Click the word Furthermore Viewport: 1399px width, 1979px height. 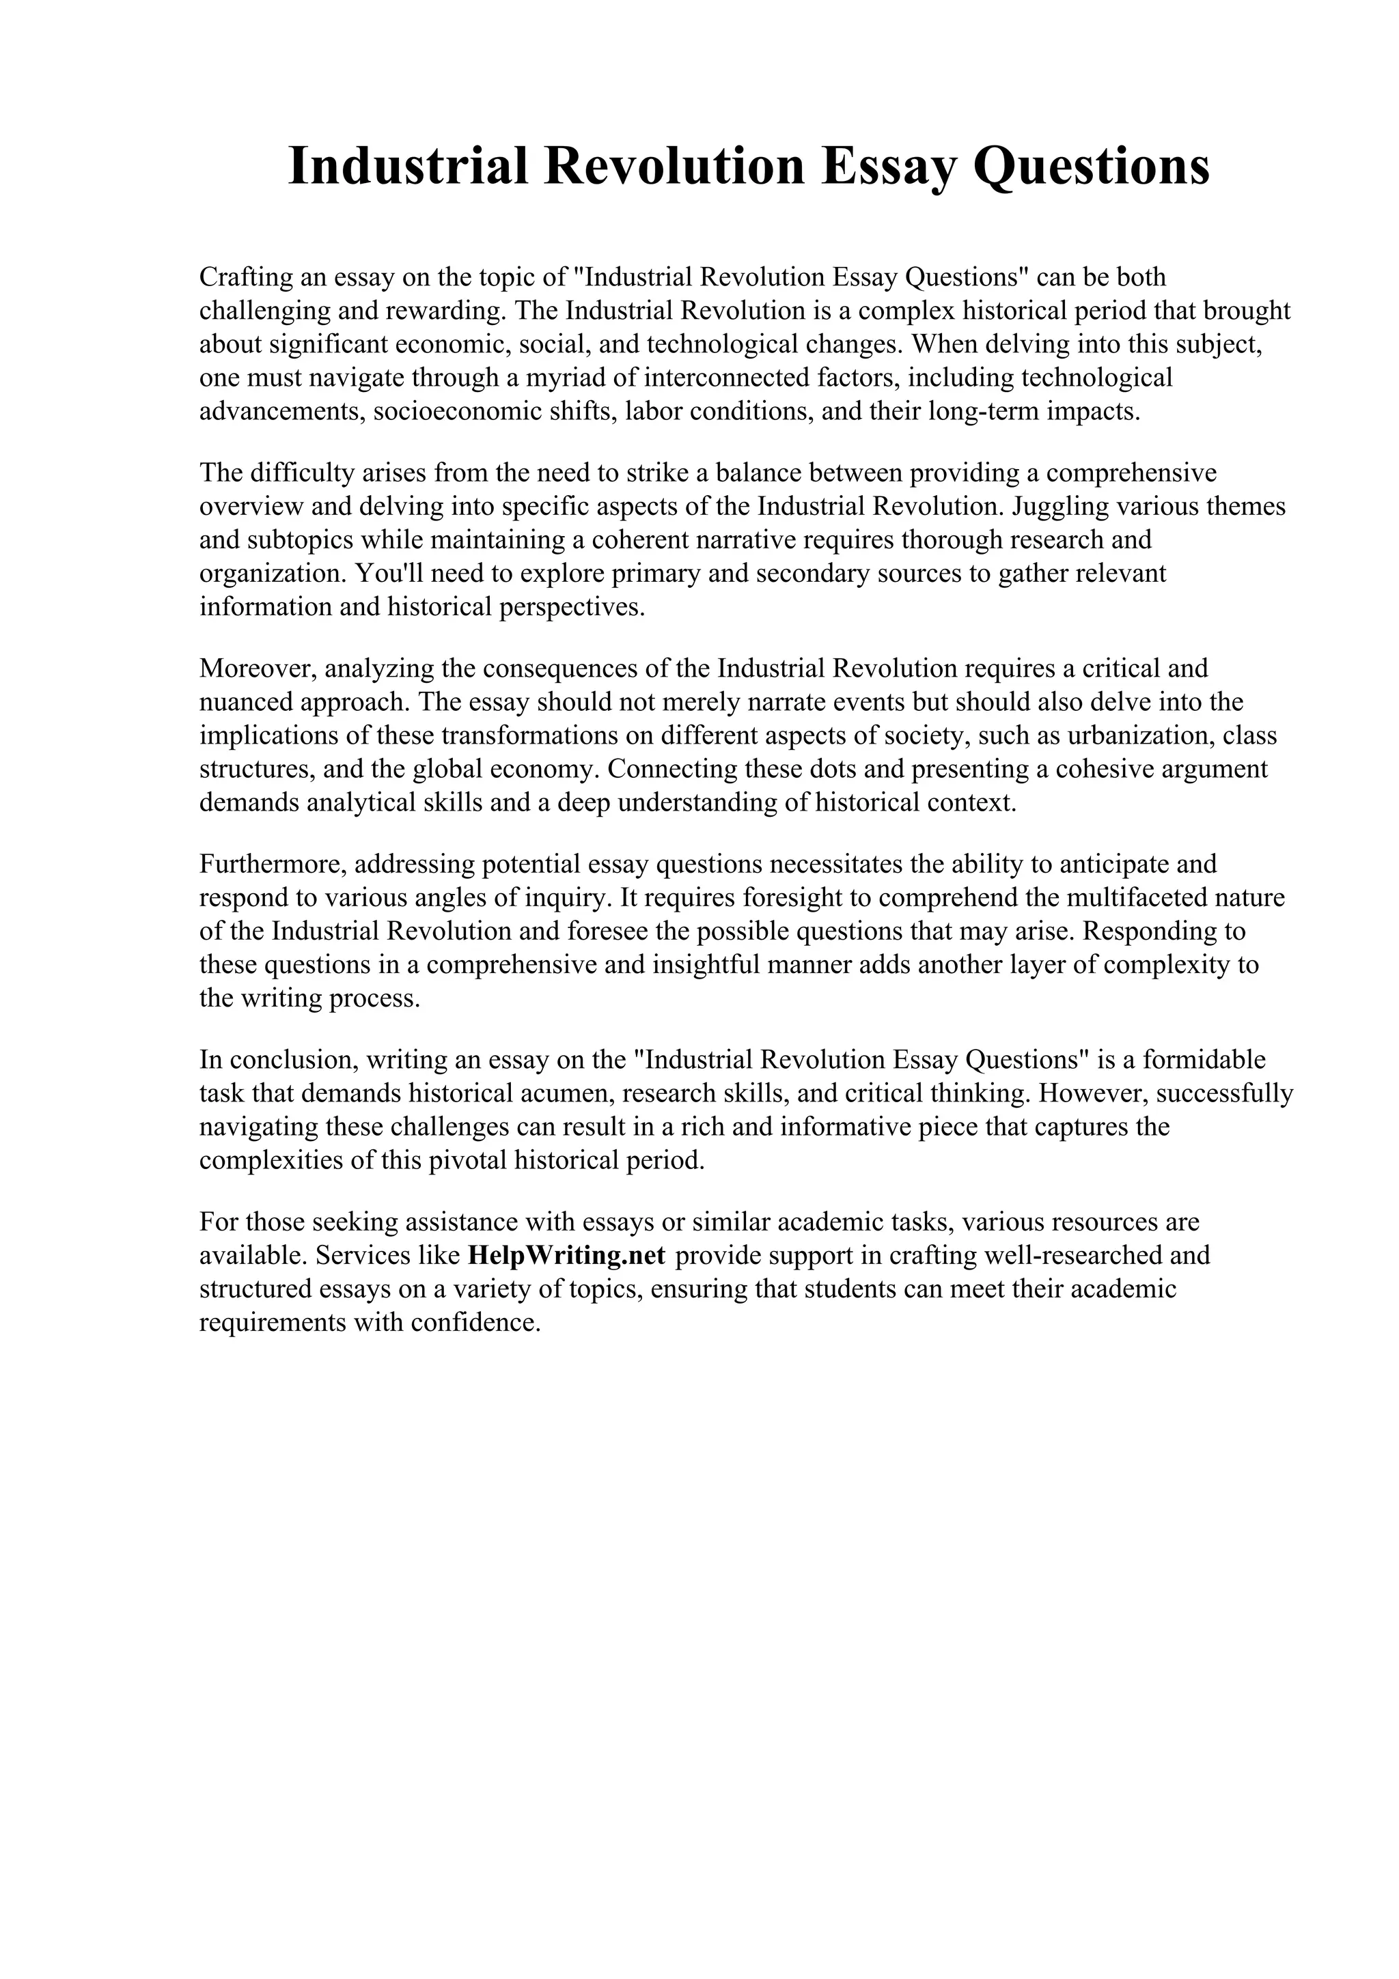click(273, 864)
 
